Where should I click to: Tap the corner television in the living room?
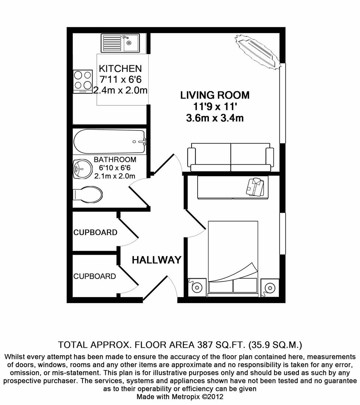(x=258, y=51)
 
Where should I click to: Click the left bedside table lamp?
(x=196, y=288)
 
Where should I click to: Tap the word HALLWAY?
(x=156, y=260)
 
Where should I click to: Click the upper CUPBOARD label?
(x=95, y=232)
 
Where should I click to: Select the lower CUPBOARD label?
(x=94, y=276)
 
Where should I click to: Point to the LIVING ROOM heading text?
(x=215, y=95)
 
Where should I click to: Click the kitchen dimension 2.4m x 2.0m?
(x=120, y=90)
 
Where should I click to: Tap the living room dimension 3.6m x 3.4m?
(x=215, y=118)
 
